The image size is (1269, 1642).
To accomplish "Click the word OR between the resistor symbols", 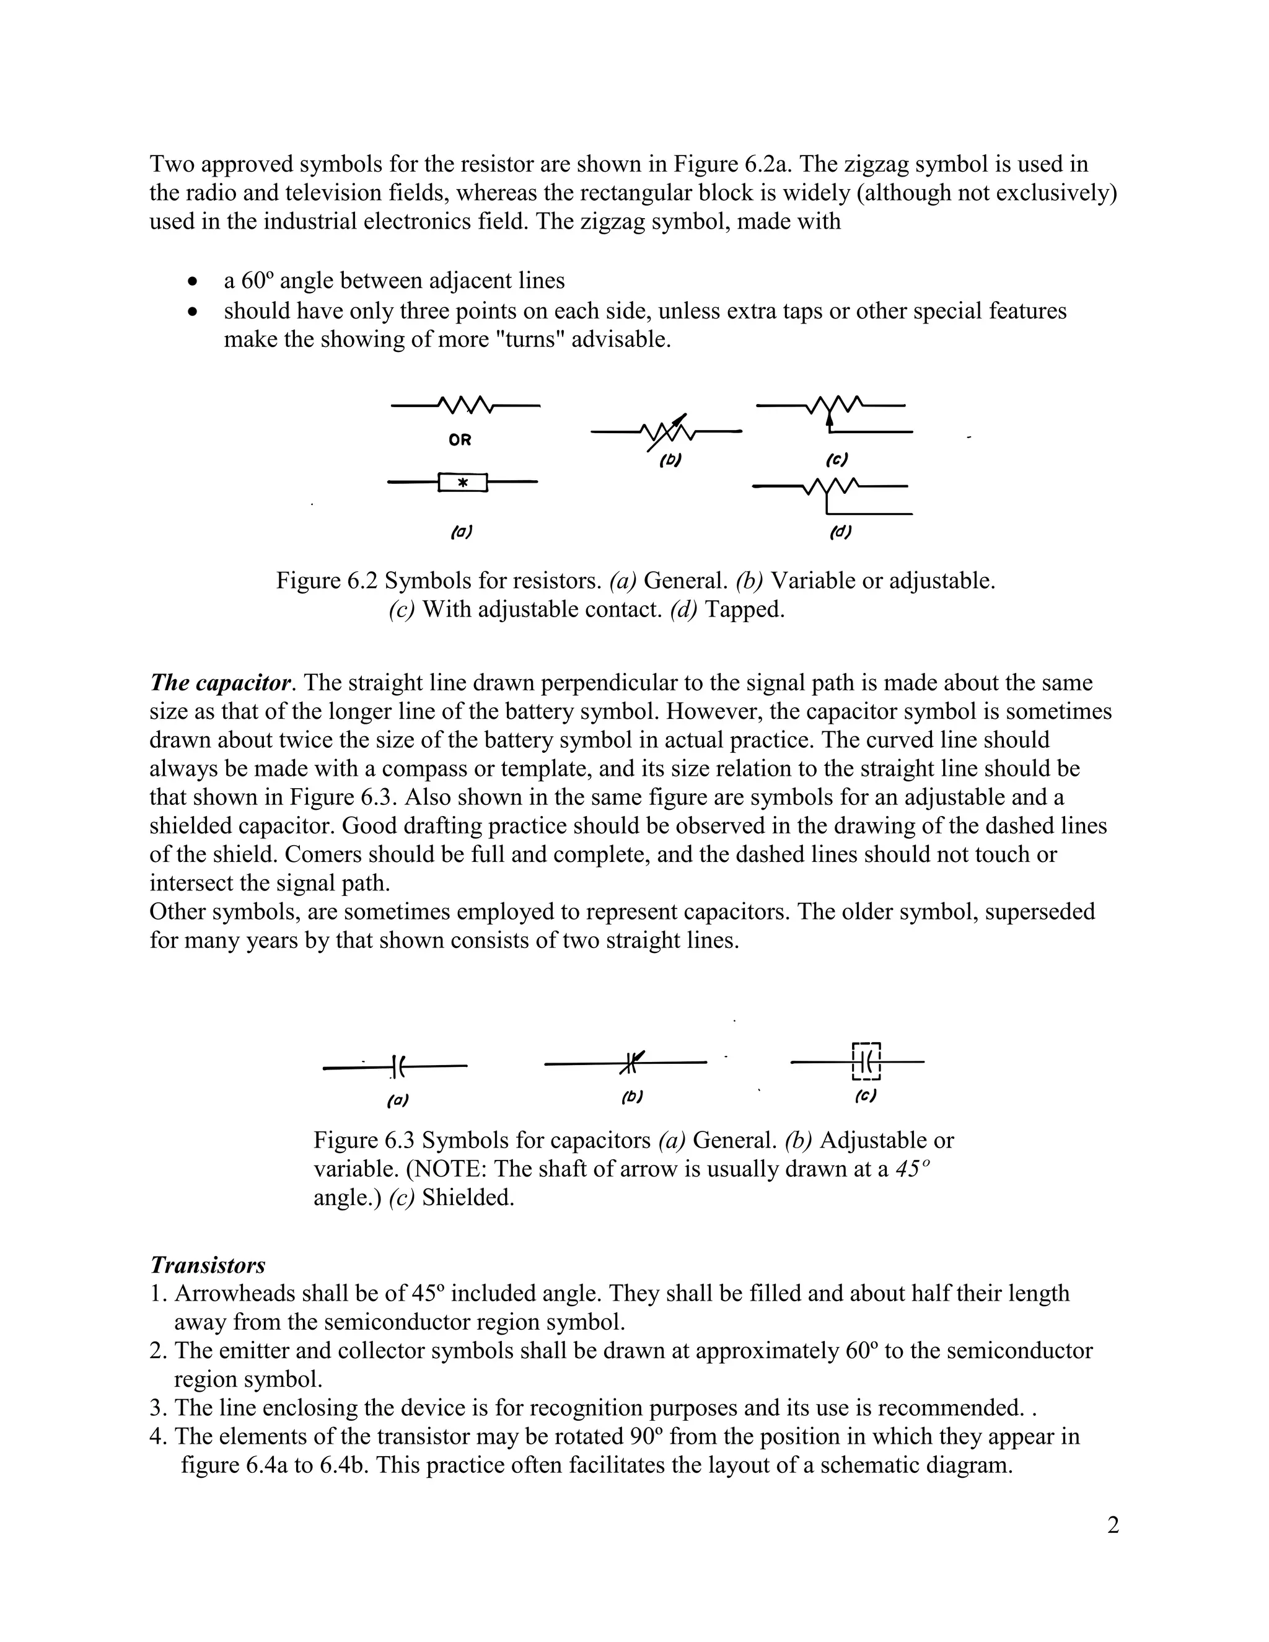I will point(459,441).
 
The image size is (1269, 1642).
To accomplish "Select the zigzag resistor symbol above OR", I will point(465,406).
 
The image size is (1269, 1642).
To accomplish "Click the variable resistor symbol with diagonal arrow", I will point(667,431).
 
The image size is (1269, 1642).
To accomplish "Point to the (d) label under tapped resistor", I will point(840,532).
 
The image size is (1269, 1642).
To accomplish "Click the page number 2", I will point(1113,1526).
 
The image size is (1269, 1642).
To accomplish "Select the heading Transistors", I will point(208,1265).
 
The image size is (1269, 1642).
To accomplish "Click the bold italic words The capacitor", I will point(219,683).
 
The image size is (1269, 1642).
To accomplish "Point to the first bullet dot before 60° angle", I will point(194,282).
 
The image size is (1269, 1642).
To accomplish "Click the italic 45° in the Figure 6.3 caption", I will point(913,1169).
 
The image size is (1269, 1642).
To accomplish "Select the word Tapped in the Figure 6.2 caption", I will point(744,609).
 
